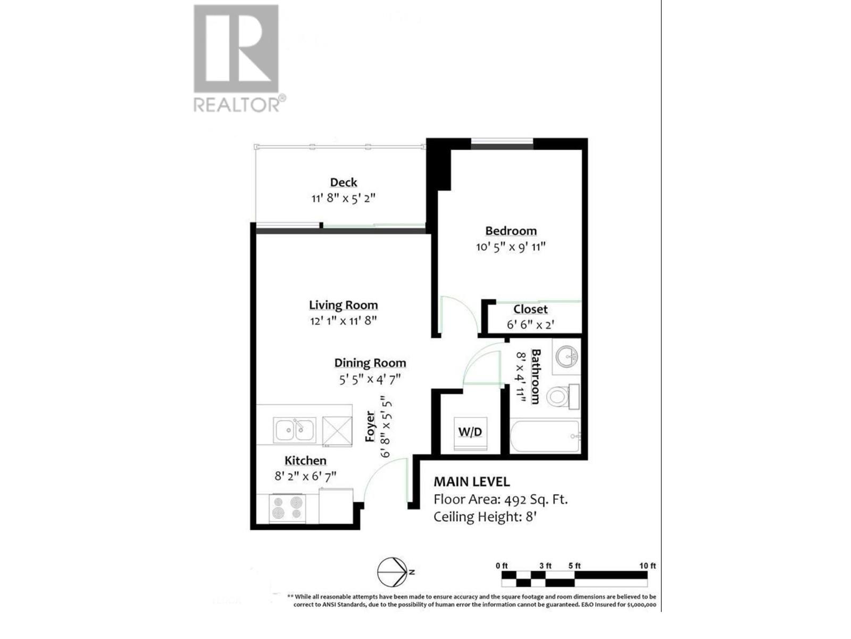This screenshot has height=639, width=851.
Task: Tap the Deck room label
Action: point(344,183)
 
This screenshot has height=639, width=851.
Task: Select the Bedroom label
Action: point(511,231)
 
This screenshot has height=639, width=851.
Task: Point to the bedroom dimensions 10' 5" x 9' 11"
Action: point(511,247)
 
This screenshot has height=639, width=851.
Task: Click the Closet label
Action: point(530,309)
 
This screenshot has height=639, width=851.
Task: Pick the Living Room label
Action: point(344,305)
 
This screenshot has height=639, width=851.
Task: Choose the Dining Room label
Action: point(370,363)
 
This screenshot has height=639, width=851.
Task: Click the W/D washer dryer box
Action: point(470,432)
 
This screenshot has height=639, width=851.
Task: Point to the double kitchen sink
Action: point(294,430)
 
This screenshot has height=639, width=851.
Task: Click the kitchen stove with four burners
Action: point(287,507)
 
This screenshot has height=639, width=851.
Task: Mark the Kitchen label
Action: point(305,461)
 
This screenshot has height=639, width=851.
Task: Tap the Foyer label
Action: point(371,426)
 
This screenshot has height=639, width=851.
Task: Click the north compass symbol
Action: point(393,572)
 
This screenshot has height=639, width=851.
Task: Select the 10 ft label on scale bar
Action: point(647,566)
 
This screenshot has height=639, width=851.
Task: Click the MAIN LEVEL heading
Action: point(472,482)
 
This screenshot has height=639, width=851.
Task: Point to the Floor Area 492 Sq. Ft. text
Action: point(500,499)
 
